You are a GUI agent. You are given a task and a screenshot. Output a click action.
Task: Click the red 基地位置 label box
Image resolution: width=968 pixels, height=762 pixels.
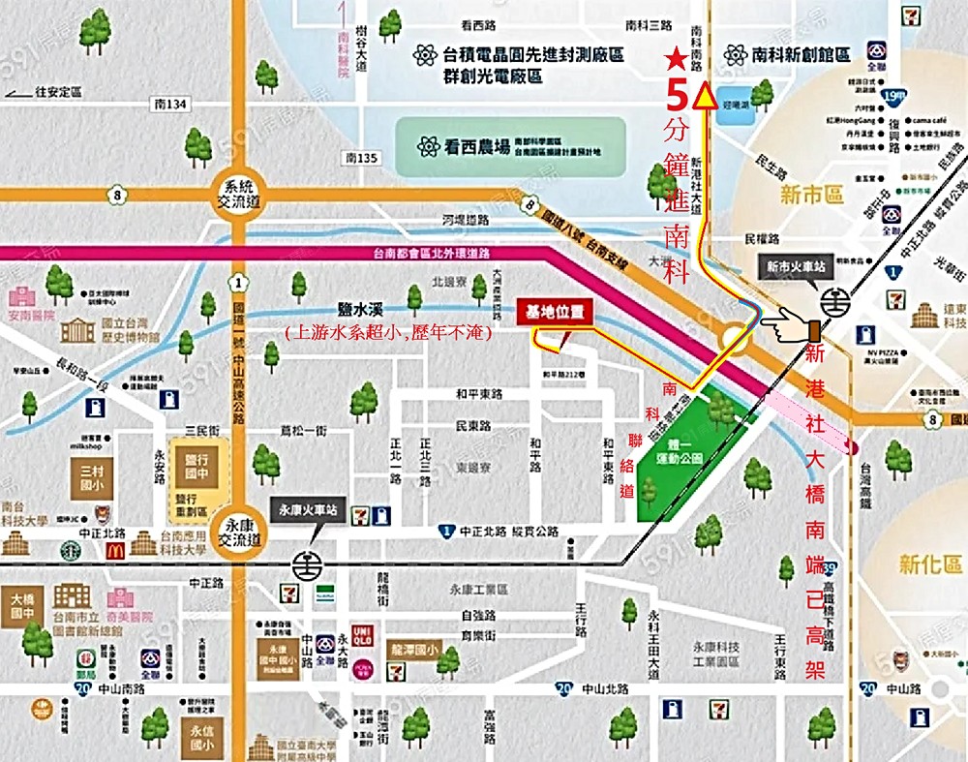coord(555,313)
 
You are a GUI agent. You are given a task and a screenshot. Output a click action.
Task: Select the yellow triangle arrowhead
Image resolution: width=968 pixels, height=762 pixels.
coord(706,97)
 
